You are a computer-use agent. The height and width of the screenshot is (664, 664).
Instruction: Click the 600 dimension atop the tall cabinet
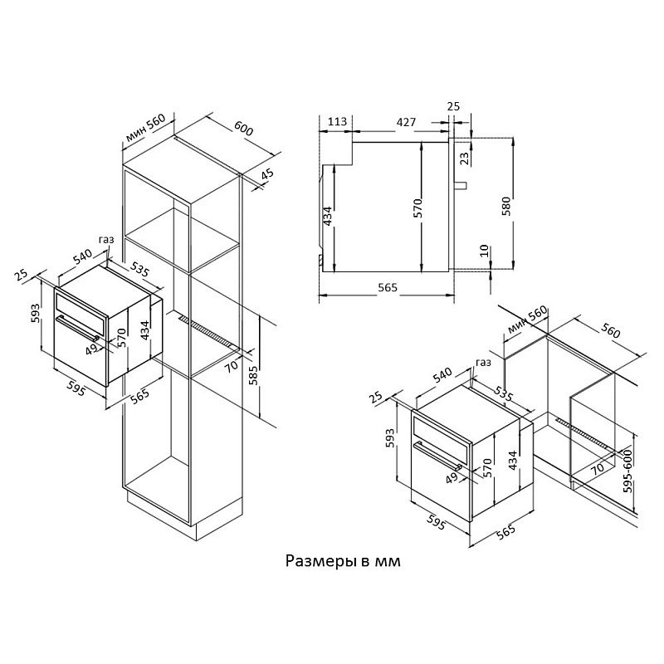click(244, 128)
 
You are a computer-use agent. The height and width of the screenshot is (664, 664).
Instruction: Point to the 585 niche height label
click(253, 376)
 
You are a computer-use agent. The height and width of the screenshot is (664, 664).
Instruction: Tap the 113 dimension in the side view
click(338, 121)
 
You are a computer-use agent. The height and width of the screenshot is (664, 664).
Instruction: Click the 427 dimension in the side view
click(406, 122)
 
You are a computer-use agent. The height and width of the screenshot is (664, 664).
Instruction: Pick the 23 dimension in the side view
click(465, 159)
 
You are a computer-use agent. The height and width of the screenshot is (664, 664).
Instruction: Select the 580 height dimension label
click(506, 206)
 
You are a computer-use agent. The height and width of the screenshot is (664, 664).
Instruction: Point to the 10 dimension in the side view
click(485, 251)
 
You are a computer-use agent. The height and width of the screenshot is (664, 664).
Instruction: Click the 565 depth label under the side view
click(388, 287)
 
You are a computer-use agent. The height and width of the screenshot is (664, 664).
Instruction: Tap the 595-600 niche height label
click(628, 471)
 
